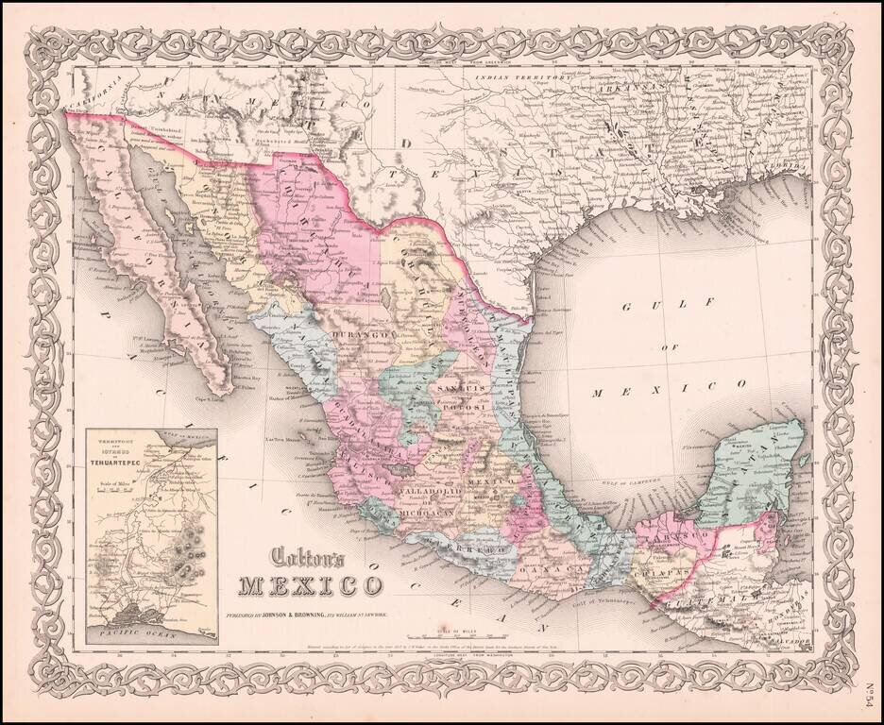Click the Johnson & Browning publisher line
313,615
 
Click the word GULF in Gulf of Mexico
652,307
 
